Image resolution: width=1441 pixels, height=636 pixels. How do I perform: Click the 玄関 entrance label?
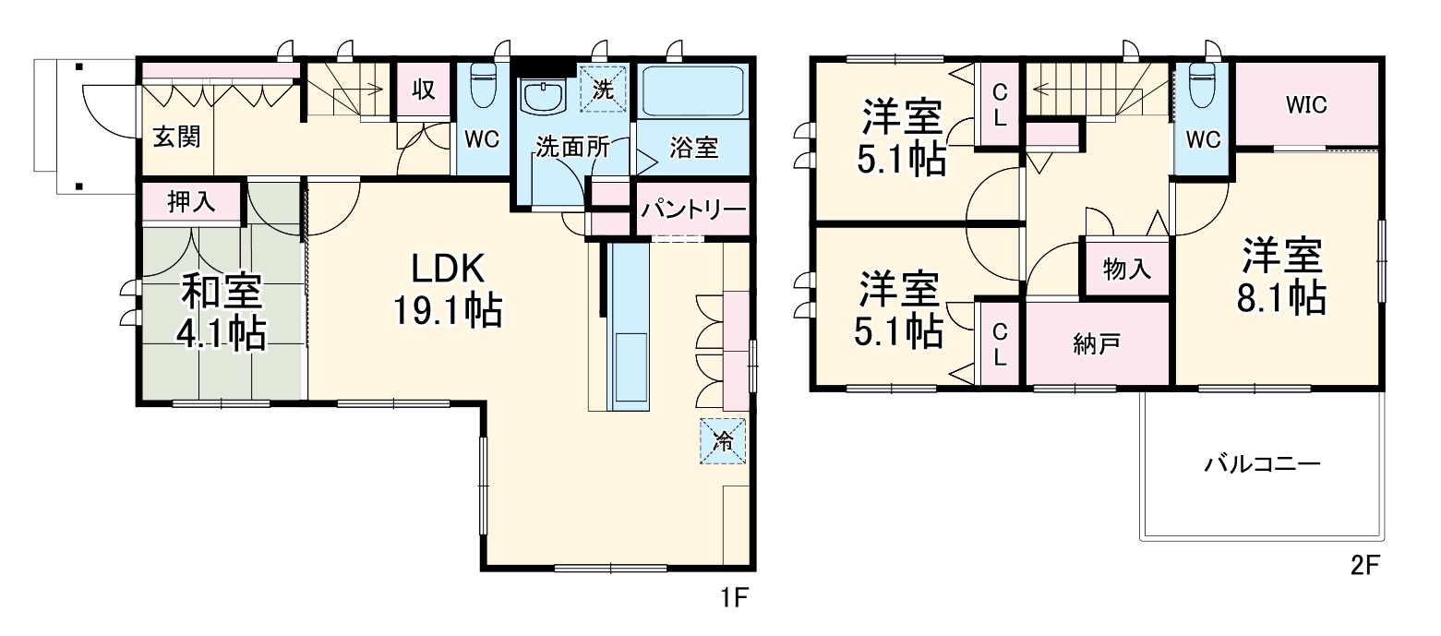pyautogui.click(x=176, y=138)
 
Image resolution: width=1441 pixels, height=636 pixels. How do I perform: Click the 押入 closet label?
pyautogui.click(x=191, y=201)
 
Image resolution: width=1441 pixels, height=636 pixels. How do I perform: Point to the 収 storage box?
pyautogui.click(x=424, y=90)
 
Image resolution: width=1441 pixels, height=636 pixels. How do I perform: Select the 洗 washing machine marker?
pyautogui.click(x=603, y=90)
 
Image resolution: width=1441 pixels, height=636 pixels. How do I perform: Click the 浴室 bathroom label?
pyautogui.click(x=693, y=148)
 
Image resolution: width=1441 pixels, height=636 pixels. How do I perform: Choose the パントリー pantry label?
pyautogui.click(x=693, y=210)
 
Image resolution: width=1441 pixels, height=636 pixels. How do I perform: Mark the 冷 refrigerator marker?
pyautogui.click(x=724, y=441)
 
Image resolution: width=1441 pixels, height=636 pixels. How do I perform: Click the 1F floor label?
pyautogui.click(x=733, y=597)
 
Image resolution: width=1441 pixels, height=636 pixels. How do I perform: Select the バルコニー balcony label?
pyautogui.click(x=1262, y=463)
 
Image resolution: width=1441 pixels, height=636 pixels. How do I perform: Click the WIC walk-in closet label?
pyautogui.click(x=1306, y=104)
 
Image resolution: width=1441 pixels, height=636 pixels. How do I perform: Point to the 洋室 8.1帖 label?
pyautogui.click(x=1283, y=276)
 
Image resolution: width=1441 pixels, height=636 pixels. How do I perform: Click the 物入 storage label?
pyautogui.click(x=1127, y=269)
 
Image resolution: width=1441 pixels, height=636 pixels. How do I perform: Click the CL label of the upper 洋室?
pyautogui.click(x=1000, y=104)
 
